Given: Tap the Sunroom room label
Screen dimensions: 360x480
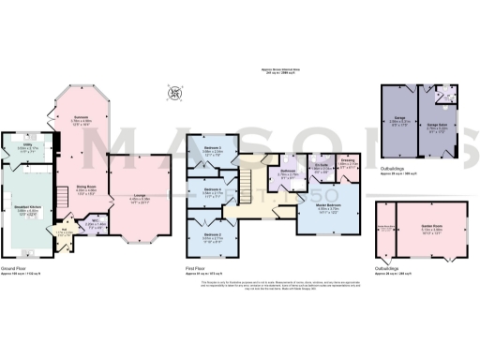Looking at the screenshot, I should [80, 119].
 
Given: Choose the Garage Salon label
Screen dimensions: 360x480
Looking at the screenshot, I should [438, 124].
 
